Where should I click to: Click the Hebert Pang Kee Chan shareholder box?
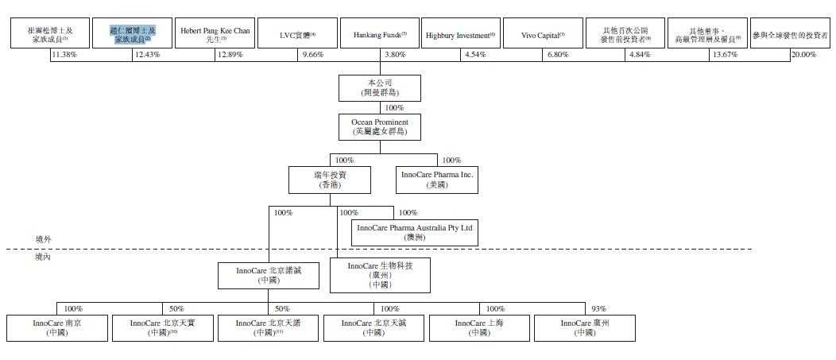click(x=215, y=34)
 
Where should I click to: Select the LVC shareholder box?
click(x=297, y=34)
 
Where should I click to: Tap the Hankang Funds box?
click(x=379, y=34)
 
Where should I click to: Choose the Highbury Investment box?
click(x=460, y=34)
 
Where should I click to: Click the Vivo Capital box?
click(x=543, y=34)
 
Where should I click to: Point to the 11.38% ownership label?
click(x=63, y=55)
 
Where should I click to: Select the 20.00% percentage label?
click(x=803, y=55)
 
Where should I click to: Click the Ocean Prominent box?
click(x=379, y=127)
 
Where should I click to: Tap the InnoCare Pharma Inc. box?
click(x=437, y=180)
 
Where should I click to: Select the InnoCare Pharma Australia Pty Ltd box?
click(x=415, y=232)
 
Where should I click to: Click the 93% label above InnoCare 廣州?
click(x=598, y=308)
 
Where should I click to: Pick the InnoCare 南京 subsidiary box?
click(x=57, y=328)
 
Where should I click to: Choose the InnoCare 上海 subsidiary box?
click(x=479, y=328)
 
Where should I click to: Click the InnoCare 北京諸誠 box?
click(x=268, y=276)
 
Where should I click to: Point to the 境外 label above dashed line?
click(x=44, y=239)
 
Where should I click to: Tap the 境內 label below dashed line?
click(x=44, y=257)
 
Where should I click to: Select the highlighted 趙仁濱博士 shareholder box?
click(x=132, y=34)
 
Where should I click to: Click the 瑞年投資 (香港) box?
click(x=329, y=180)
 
